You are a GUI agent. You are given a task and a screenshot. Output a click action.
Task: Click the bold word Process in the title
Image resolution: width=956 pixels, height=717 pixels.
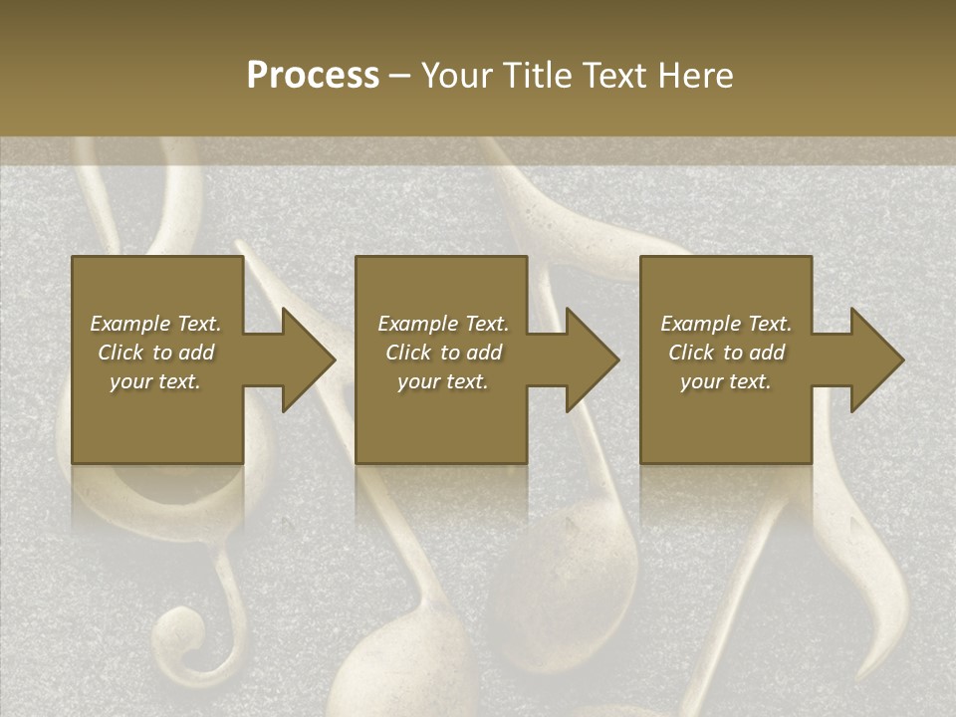tap(313, 76)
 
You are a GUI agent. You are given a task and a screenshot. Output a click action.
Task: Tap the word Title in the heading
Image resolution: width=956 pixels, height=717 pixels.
tap(538, 76)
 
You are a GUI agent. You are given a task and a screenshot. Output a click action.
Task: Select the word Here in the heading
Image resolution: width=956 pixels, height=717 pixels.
tap(696, 76)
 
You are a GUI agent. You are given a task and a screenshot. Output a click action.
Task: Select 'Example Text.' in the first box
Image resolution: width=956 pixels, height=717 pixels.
tap(155, 324)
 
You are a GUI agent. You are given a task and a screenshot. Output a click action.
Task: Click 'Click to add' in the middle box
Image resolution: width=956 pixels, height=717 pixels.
tap(443, 353)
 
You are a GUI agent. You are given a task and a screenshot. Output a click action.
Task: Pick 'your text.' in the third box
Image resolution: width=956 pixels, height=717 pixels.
tap(725, 381)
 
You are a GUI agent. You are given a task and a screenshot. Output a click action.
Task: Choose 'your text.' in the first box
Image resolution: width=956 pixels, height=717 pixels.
tap(155, 381)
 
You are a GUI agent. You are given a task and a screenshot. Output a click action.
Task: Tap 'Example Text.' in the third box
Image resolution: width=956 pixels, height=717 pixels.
tap(725, 324)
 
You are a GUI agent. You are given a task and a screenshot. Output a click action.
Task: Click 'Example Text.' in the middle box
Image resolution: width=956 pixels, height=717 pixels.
tap(443, 324)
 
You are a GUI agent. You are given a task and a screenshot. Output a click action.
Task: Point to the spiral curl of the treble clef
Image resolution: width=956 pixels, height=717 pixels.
tap(179, 633)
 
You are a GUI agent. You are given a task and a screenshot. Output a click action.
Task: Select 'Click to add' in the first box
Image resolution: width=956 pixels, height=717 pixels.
tap(155, 353)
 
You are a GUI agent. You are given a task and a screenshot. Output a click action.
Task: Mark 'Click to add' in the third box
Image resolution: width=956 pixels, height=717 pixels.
tap(725, 353)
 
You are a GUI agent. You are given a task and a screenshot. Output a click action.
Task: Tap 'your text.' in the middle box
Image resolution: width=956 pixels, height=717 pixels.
tap(443, 381)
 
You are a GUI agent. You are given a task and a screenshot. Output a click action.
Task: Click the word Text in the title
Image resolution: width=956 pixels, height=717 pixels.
tap(613, 76)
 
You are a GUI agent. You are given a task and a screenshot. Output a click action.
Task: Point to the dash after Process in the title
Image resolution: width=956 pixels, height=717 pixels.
tap(400, 77)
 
